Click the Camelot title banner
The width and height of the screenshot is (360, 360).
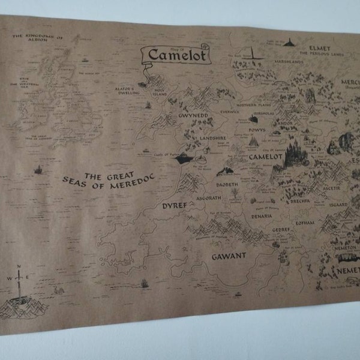[x=169, y=56]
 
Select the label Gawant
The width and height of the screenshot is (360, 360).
[x=229, y=256]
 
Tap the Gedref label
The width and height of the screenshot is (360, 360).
[x=281, y=229]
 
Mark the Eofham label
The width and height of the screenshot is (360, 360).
[x=305, y=222]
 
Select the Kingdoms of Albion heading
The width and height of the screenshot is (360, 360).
[x=37, y=38]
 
